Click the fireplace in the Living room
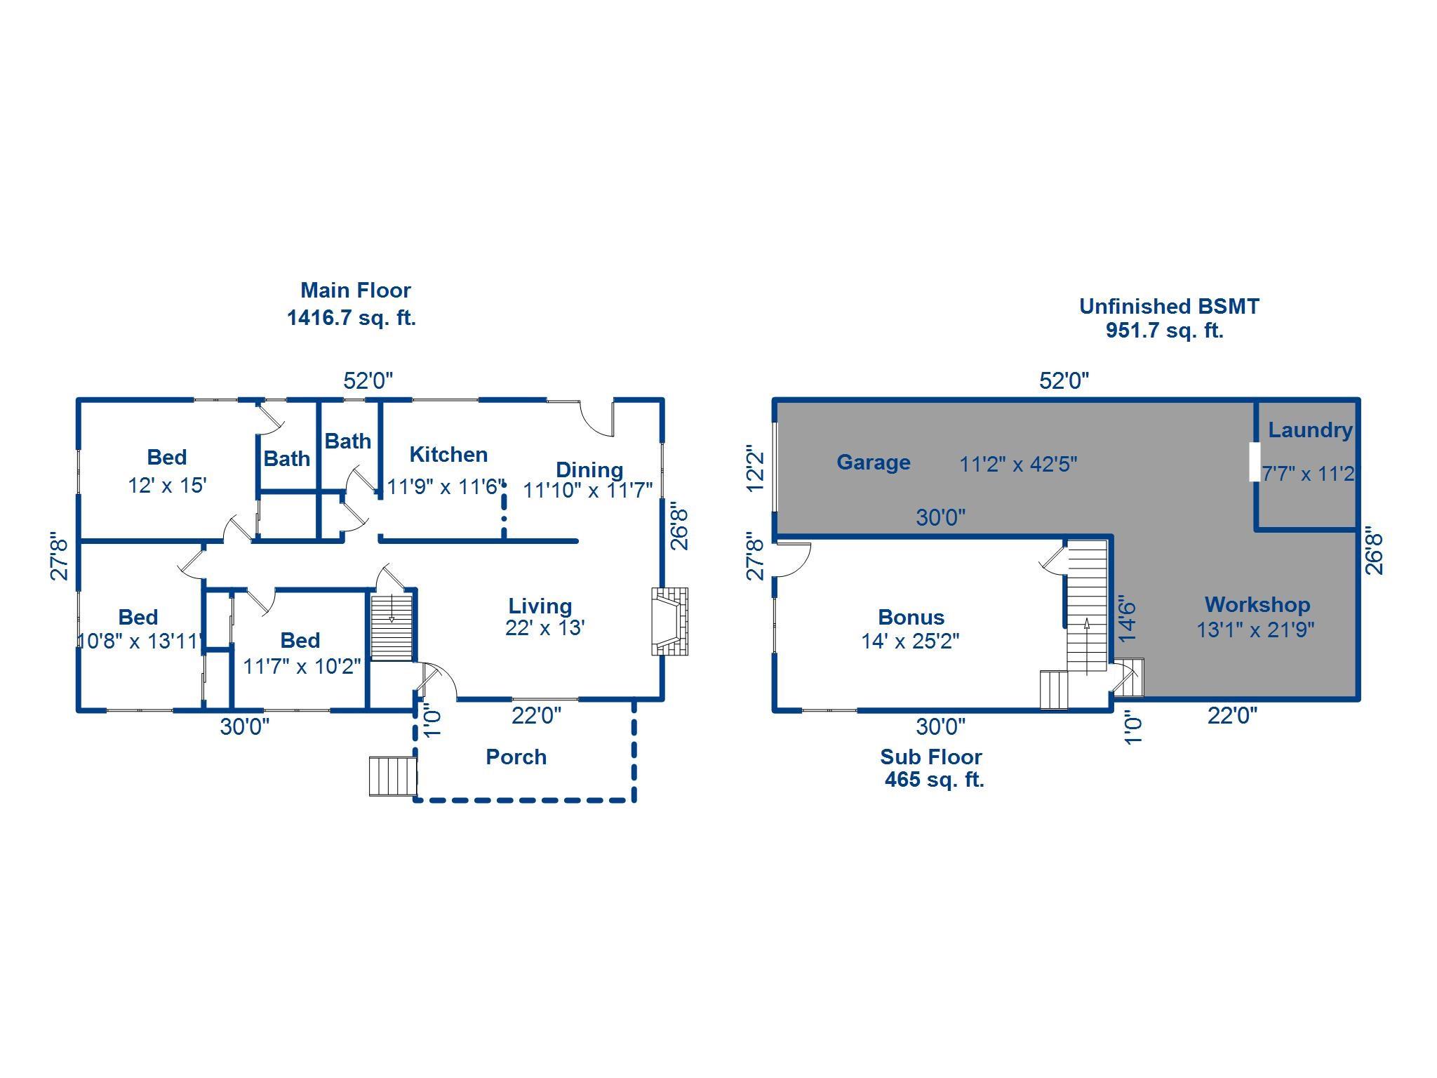pyautogui.click(x=669, y=622)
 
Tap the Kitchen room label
pyautogui.click(x=448, y=455)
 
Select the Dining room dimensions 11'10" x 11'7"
pyautogui.click(x=588, y=490)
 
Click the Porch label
pyautogui.click(x=516, y=757)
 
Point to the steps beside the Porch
pyautogui.click(x=392, y=776)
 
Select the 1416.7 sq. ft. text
pyautogui.click(x=352, y=318)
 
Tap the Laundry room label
pyautogui.click(x=1310, y=430)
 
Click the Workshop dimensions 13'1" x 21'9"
pyautogui.click(x=1255, y=630)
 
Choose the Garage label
pyautogui.click(x=874, y=462)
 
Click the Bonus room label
pyautogui.click(x=911, y=618)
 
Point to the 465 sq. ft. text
pyautogui.click(x=934, y=780)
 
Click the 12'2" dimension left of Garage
pyautogui.click(x=755, y=468)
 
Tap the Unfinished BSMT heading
pyautogui.click(x=1169, y=307)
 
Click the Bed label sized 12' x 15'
pyautogui.click(x=166, y=458)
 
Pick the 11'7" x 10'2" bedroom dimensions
pyautogui.click(x=302, y=665)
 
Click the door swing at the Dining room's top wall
pyautogui.click(x=599, y=420)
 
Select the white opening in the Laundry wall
pyautogui.click(x=1255, y=461)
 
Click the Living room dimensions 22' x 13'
pyautogui.click(x=545, y=627)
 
